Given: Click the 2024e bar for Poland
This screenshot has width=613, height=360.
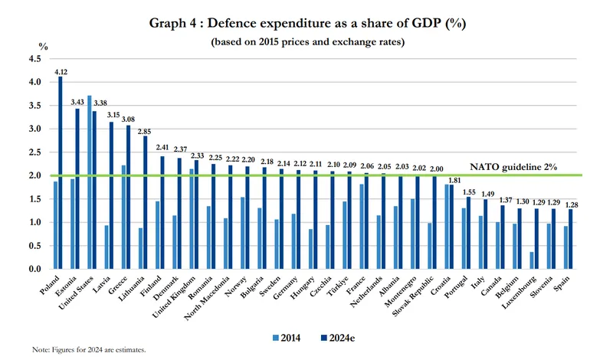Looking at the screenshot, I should coord(60,172).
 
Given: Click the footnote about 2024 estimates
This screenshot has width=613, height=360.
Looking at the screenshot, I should coord(89,349).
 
